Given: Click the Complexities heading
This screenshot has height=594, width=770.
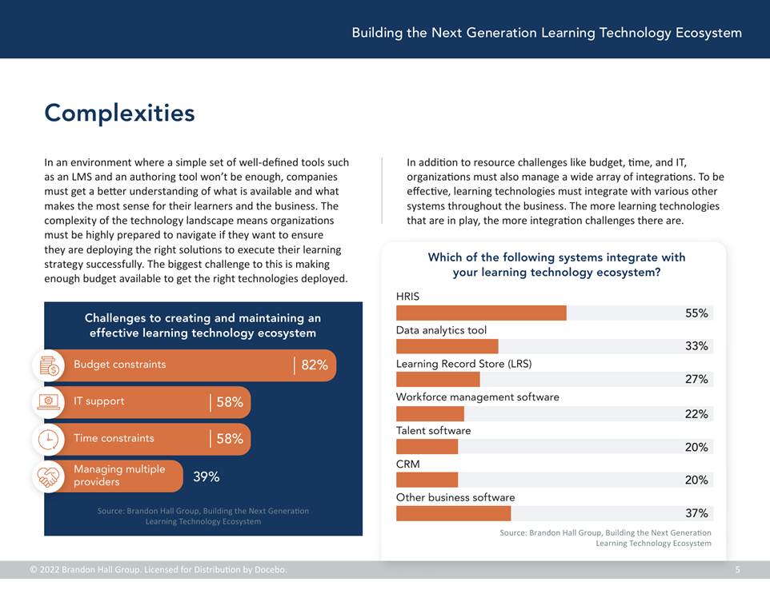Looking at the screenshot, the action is [119, 113].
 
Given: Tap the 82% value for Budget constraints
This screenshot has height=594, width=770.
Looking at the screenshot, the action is [315, 365].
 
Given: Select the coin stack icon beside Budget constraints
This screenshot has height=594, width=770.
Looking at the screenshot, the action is [49, 366].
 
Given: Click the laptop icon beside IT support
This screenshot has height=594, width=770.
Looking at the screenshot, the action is [49, 402].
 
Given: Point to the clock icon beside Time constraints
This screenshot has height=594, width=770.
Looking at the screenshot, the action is [48, 440].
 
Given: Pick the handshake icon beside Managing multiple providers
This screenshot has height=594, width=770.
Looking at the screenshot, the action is [48, 476].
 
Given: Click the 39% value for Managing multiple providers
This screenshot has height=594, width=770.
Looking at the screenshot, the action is [207, 476].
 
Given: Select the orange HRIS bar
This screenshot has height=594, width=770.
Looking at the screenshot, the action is [481, 313].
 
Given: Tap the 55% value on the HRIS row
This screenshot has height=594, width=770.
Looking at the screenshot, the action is [696, 313].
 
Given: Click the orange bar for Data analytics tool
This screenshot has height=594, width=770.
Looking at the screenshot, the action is [447, 346].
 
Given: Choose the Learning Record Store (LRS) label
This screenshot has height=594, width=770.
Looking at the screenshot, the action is [463, 364].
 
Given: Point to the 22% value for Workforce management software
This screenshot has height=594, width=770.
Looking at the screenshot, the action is [696, 414].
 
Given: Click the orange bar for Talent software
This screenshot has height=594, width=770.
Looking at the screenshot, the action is [427, 447].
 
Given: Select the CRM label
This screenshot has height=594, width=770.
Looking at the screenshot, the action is [407, 464].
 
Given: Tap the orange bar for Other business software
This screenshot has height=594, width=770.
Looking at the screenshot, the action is [453, 513].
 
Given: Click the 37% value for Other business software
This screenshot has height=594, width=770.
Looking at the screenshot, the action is [696, 513].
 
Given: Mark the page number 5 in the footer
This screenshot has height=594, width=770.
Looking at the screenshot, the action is [738, 569].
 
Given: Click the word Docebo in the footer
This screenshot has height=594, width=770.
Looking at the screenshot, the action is [271, 569].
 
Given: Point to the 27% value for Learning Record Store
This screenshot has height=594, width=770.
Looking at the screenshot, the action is [696, 379].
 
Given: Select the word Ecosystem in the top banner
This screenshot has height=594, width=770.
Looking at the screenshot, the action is [708, 33].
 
